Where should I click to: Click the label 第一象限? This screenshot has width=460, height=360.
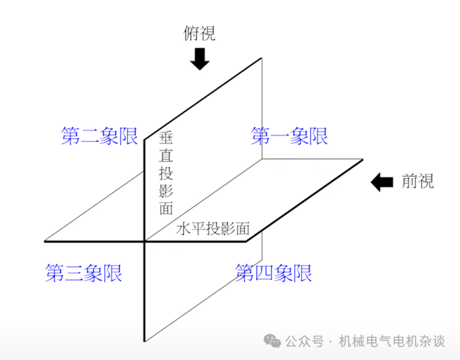pos(289,136)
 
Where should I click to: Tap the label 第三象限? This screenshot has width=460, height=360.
pos(83,272)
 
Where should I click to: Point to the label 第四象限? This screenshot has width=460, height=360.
pos(273,272)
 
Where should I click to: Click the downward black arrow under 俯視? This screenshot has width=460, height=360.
pos(200,59)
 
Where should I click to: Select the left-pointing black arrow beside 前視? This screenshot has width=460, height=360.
pos(382,181)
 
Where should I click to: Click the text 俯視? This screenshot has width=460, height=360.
pos(199,33)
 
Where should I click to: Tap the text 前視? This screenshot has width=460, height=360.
pos(418,181)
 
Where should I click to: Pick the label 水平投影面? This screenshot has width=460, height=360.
pos(213,229)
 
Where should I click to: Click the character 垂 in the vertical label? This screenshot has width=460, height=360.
pos(166,138)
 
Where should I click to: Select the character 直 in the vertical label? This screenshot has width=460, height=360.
pos(166,155)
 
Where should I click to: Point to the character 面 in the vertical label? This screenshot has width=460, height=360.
pos(166,208)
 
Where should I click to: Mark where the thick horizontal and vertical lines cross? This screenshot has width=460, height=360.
pos(145,241)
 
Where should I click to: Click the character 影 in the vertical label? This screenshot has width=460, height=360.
pos(166,191)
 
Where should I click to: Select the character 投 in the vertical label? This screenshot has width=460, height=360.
pos(166,173)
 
